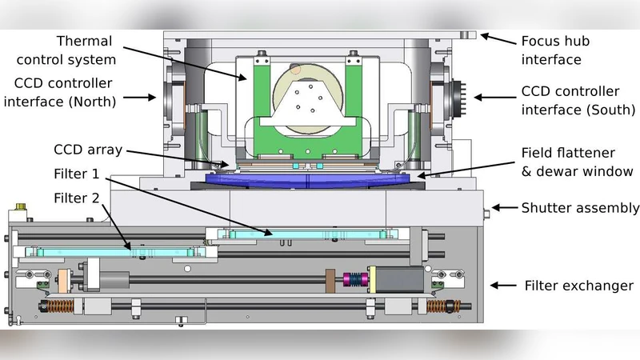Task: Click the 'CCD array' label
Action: (x=87, y=150)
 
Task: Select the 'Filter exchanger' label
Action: (x=578, y=286)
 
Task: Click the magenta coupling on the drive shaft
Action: (x=353, y=281)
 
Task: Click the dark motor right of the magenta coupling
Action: (x=395, y=279)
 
